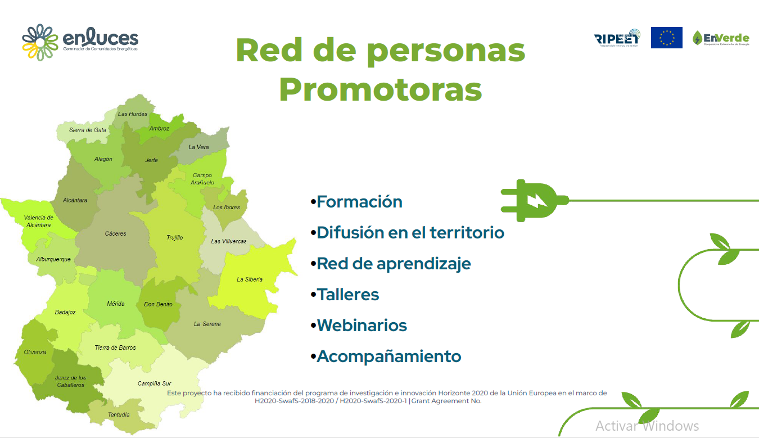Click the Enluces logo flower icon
pyautogui.click(x=40, y=42)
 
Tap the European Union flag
pyautogui.click(x=666, y=38)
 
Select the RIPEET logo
pyautogui.click(x=617, y=37)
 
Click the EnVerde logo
pyautogui.click(x=721, y=38)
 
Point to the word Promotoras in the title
pyautogui.click(x=380, y=89)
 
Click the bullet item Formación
pyautogui.click(x=359, y=202)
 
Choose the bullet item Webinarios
pyautogui.click(x=362, y=326)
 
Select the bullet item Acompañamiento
pyautogui.click(x=388, y=356)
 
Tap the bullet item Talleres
pyautogui.click(x=347, y=295)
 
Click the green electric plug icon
pyautogui.click(x=533, y=200)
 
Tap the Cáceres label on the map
pyautogui.click(x=116, y=233)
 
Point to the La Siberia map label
pyautogui.click(x=250, y=279)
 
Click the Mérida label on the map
pyautogui.click(x=116, y=304)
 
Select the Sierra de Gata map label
pyautogui.click(x=88, y=130)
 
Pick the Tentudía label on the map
pyautogui.click(x=119, y=415)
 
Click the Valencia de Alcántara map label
pyautogui.click(x=38, y=222)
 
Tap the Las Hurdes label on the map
pyautogui.click(x=133, y=114)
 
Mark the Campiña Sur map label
pyautogui.click(x=155, y=383)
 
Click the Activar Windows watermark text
pyautogui.click(x=647, y=426)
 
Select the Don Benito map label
pyautogui.click(x=158, y=304)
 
